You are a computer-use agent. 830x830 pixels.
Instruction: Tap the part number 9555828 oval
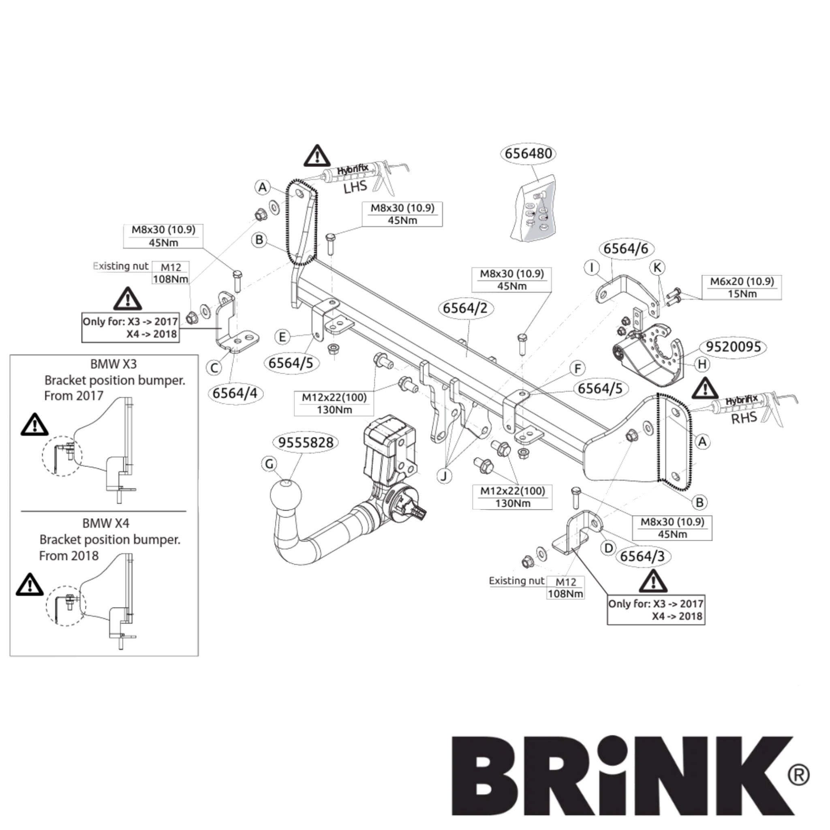pyautogui.click(x=306, y=442)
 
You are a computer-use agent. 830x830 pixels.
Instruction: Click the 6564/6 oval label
pyautogui.click(x=625, y=249)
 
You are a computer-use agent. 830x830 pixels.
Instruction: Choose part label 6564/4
pyautogui.click(x=235, y=392)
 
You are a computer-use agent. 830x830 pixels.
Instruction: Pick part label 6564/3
pyautogui.click(x=642, y=556)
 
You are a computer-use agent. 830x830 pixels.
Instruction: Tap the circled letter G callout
pyautogui.click(x=270, y=464)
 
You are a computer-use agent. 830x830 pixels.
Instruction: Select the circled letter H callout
pyautogui.click(x=702, y=364)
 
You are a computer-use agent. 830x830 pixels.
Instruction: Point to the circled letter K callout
pyautogui.click(x=658, y=267)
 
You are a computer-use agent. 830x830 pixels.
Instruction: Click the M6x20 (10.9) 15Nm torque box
pyautogui.click(x=742, y=287)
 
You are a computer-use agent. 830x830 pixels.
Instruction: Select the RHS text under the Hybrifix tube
pyautogui.click(x=744, y=418)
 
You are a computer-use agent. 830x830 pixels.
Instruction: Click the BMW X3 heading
pyautogui.click(x=113, y=364)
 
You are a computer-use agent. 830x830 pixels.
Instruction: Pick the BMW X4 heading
pyautogui.click(x=106, y=523)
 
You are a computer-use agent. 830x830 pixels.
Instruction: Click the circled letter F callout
pyautogui.click(x=579, y=369)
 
